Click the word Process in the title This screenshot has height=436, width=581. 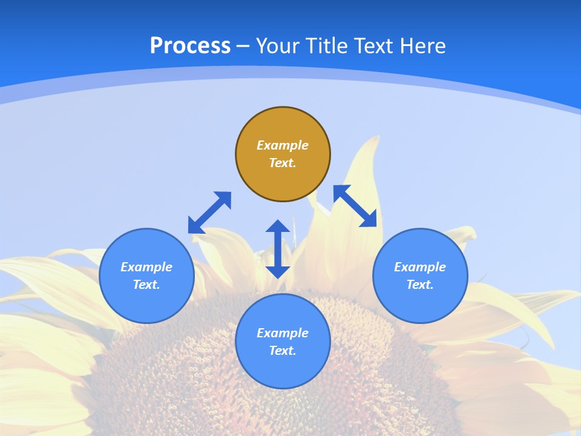(x=190, y=46)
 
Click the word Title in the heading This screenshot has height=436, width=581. (x=326, y=46)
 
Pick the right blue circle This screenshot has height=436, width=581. (x=420, y=303)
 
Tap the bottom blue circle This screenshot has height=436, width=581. (x=283, y=369)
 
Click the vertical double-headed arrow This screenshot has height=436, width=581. (x=278, y=249)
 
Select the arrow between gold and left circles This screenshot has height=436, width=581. (x=209, y=213)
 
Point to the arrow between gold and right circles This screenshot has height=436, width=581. (x=355, y=206)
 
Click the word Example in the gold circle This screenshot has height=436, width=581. (x=283, y=145)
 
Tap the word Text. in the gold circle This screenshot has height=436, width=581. (x=283, y=163)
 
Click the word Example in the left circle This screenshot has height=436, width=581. (x=146, y=267)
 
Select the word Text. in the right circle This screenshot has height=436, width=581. (x=420, y=285)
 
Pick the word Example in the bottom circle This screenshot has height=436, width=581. (x=283, y=333)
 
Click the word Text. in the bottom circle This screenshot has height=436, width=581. (x=283, y=351)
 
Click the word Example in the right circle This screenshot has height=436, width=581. (x=420, y=267)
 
